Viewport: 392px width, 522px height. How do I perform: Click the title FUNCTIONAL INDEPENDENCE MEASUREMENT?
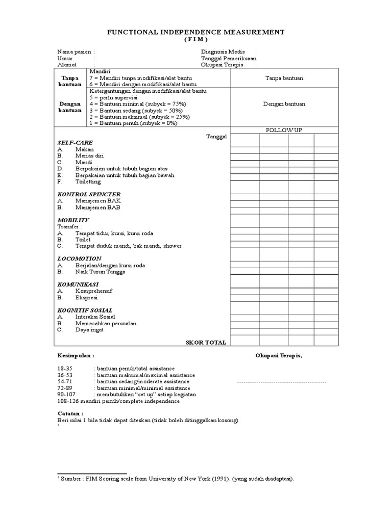pyautogui.click(x=195, y=32)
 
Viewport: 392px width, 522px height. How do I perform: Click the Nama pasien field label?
pyautogui.click(x=73, y=52)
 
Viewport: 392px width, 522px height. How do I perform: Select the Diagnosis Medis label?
pyautogui.click(x=223, y=52)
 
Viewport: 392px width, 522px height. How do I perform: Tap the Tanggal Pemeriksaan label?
pyautogui.click(x=229, y=59)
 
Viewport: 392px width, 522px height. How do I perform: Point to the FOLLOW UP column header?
pyautogui.click(x=284, y=130)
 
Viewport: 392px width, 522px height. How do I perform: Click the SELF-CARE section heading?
pyautogui.click(x=75, y=142)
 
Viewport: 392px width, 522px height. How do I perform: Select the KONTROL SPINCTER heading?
pyautogui.click(x=89, y=195)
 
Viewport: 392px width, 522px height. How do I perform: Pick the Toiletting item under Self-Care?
pyautogui.click(x=88, y=181)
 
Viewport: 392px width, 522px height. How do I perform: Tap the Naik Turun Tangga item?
pyautogui.click(x=100, y=272)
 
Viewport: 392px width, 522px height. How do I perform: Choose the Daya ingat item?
pyautogui.click(x=89, y=330)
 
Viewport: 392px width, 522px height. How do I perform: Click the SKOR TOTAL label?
pyautogui.click(x=206, y=343)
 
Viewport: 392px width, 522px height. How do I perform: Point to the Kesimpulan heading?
pyautogui.click(x=76, y=355)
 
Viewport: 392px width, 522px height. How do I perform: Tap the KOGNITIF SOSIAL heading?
pyautogui.click(x=85, y=310)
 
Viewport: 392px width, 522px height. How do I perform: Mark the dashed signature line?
pyautogui.click(x=282, y=382)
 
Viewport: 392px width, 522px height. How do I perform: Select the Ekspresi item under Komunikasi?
pyautogui.click(x=86, y=298)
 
